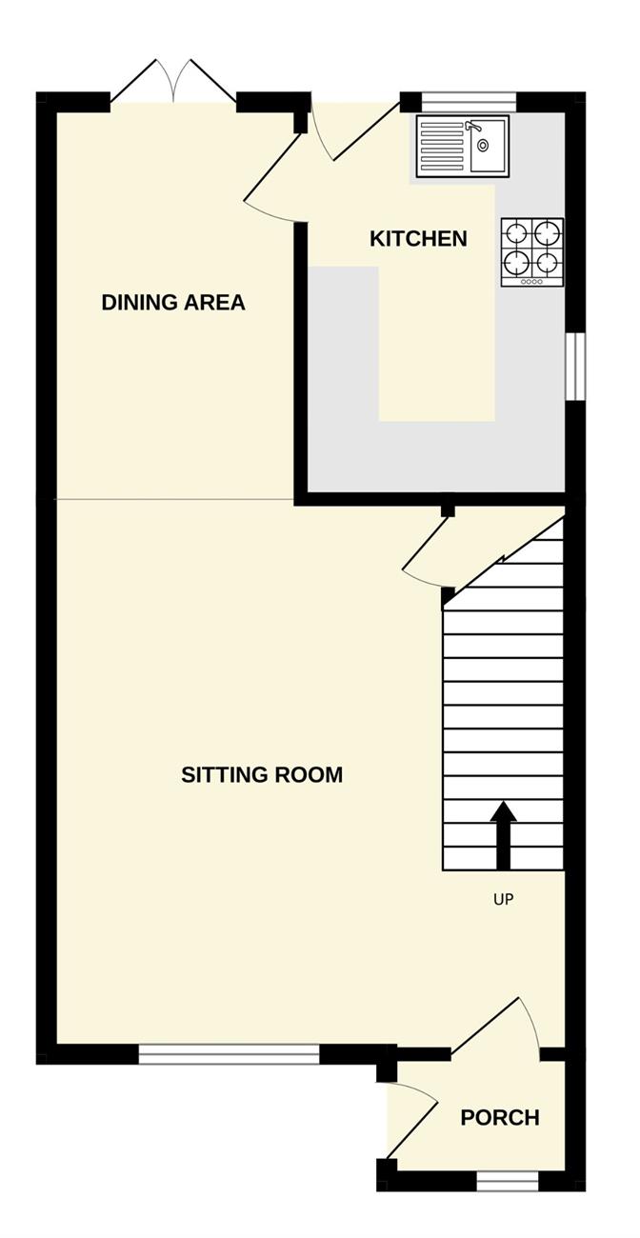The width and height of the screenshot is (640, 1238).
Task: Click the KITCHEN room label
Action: coord(418,239)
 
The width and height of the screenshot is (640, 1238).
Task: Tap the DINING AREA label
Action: coord(173,302)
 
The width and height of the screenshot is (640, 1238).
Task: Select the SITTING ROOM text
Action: coord(262,774)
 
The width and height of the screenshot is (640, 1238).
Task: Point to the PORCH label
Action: coord(500,1117)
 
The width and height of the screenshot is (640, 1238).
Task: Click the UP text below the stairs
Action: coord(503,899)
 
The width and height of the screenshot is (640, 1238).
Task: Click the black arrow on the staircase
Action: coord(503,835)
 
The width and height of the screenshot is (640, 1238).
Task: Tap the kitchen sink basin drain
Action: coord(483,146)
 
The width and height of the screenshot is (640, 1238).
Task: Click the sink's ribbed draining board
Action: coord(442,147)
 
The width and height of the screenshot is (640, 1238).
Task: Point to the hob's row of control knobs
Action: coord(531,282)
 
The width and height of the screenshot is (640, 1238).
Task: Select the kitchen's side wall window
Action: coord(575,366)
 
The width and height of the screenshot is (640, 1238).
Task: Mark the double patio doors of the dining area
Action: coord(174,81)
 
